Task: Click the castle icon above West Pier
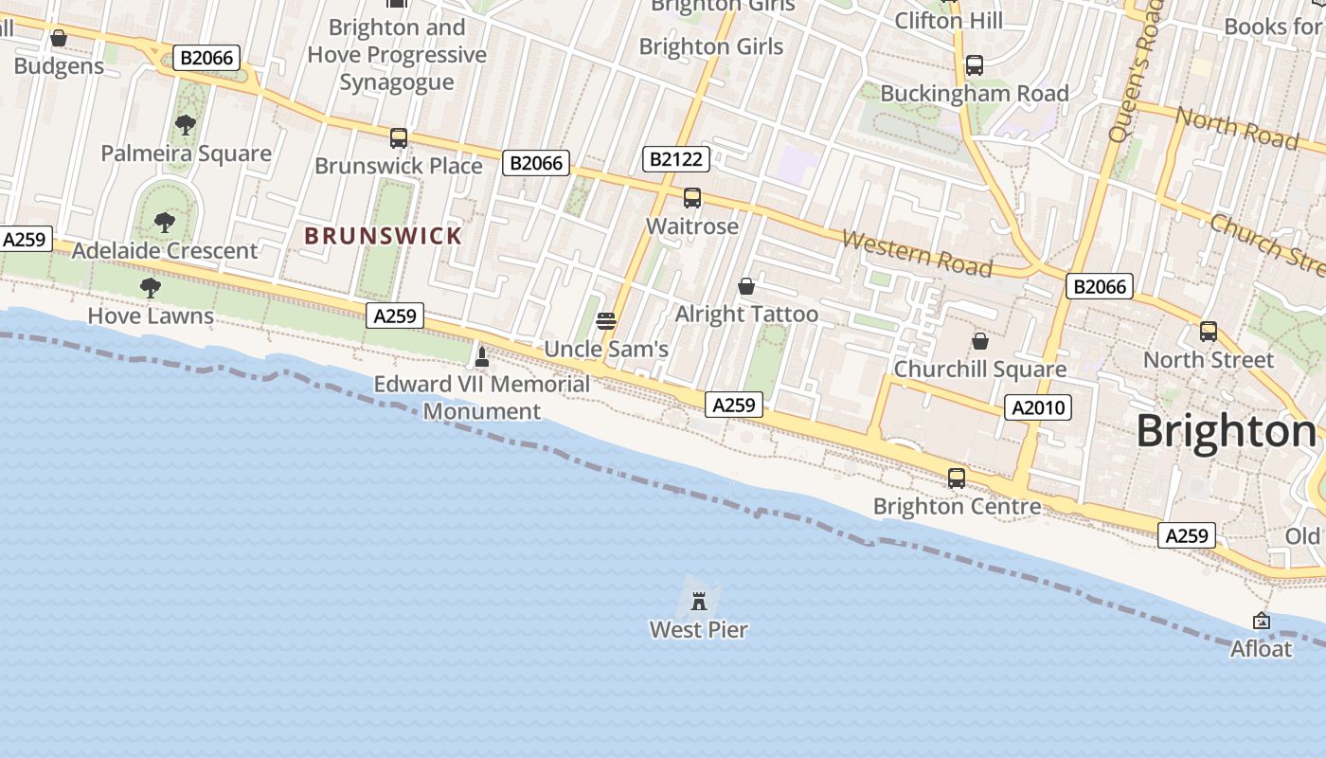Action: pos(699,601)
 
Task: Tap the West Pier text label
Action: pos(699,629)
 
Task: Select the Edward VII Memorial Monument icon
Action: pos(481,357)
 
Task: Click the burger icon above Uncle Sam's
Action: pos(606,320)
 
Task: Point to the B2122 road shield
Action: pos(674,159)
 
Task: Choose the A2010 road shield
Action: pos(1039,407)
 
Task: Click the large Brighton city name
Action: pos(1226,431)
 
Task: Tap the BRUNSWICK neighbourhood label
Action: pos(384,236)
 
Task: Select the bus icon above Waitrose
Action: pos(692,198)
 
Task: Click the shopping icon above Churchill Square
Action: pos(980,340)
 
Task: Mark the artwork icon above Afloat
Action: pos(1262,621)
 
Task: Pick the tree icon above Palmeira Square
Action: pos(186,124)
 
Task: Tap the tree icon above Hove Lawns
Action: pos(150,287)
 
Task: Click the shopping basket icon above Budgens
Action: pos(59,38)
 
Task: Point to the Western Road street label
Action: pos(917,253)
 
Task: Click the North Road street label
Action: pos(1237,127)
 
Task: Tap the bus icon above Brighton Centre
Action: pos(957,478)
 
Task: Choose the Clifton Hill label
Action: pos(948,20)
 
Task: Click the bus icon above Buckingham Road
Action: pos(975,65)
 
